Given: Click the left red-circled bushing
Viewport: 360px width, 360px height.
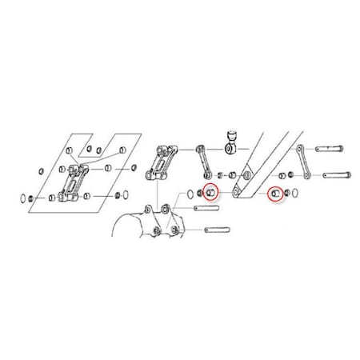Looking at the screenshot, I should pos(210,192).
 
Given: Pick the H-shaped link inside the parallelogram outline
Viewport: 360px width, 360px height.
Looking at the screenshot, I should pos(74,182).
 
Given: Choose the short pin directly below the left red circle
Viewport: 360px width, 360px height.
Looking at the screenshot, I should pos(206,210).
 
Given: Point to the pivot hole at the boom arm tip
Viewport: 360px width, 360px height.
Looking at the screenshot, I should pos(238,192).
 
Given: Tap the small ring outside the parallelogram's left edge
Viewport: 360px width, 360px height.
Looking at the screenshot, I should pos(40,171).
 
